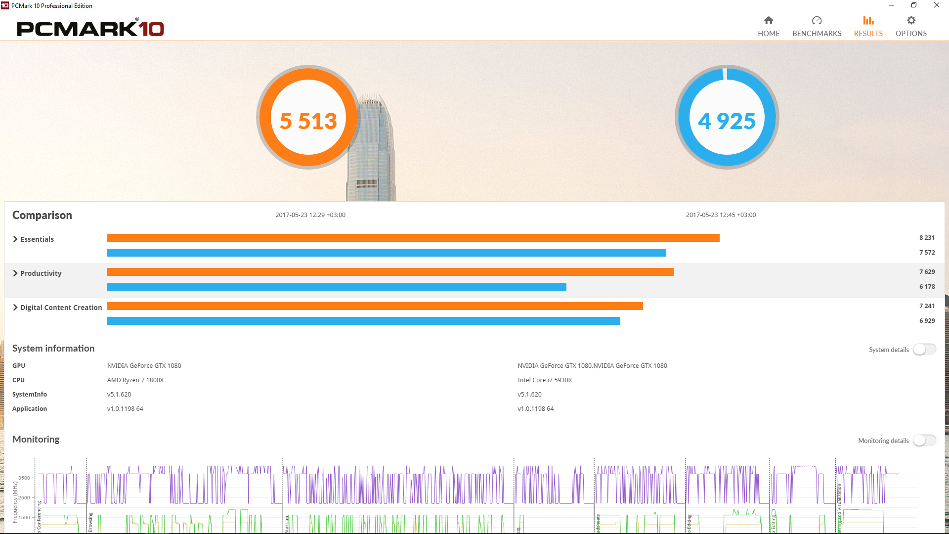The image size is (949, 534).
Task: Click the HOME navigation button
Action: tap(769, 26)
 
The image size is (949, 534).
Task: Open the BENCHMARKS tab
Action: tap(817, 26)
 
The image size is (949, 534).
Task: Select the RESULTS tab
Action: tap(868, 26)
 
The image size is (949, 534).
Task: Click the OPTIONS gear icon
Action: tap(911, 21)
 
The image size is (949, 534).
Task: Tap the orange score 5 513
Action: tap(308, 121)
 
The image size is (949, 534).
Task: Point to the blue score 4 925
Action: tap(727, 121)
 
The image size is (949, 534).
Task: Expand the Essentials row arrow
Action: tap(15, 239)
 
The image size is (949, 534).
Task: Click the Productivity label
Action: tap(41, 273)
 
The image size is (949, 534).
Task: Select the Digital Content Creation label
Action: tap(61, 308)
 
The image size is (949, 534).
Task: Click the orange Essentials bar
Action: tap(413, 238)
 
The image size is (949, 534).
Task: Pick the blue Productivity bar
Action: tap(337, 287)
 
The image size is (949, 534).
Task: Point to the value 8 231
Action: tap(927, 238)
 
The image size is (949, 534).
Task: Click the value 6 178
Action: tap(927, 287)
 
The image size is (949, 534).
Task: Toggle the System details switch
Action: tap(924, 350)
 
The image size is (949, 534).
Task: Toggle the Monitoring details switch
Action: tap(924, 441)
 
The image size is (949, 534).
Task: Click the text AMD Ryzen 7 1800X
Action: tap(135, 380)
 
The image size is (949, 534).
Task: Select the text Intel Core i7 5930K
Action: tap(545, 380)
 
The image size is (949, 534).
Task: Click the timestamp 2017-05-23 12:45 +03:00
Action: tap(721, 215)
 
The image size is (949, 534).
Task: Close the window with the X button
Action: tap(936, 5)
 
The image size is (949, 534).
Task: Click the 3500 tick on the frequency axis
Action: tap(24, 478)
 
